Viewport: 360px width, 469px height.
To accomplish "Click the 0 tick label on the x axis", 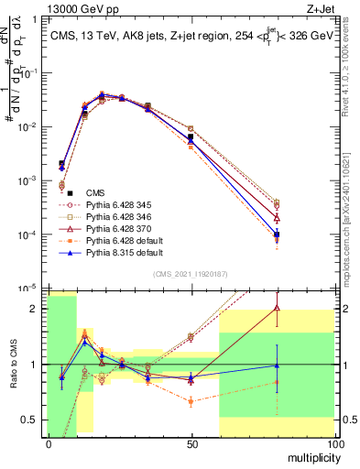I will [x=49, y=443].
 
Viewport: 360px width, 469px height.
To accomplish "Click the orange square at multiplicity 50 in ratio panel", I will [x=190, y=401].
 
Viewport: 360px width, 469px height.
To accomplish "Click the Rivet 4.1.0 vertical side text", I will [x=349, y=73].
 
